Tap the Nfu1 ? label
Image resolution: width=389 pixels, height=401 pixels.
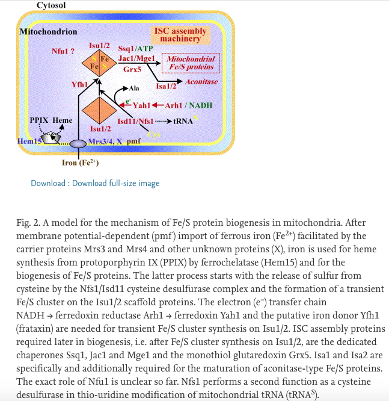pos(63,51)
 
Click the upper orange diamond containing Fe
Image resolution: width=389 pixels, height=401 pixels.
pos(99,63)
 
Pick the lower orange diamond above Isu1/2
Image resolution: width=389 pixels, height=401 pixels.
pos(99,111)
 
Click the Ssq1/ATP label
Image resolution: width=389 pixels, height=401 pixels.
pos(136,48)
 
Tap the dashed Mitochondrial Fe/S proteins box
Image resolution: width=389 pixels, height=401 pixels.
pos(191,63)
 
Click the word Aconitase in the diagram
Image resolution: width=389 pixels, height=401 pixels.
pos(201,82)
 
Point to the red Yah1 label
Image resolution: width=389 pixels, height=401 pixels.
pos(141,105)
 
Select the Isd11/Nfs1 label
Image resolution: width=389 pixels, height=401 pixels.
pos(135,121)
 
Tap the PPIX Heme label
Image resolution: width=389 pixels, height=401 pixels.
pos(51,120)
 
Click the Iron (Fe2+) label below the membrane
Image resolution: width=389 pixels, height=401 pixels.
pos(80,163)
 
